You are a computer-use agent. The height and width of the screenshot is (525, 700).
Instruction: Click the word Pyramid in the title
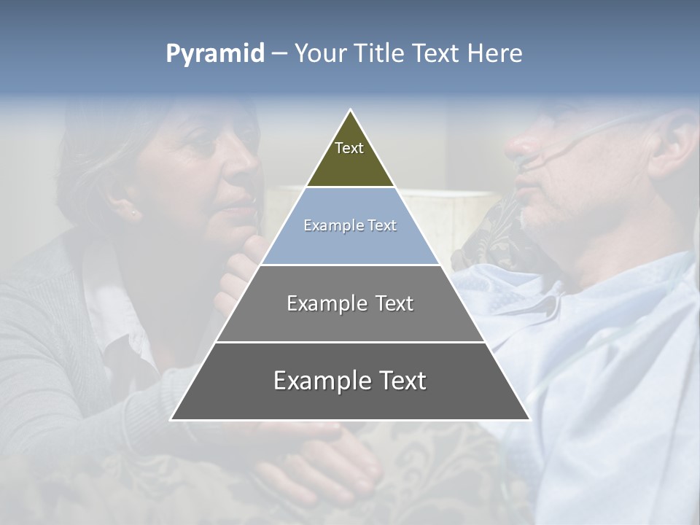[x=214, y=54]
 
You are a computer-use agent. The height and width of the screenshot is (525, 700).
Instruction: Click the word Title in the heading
[x=378, y=53]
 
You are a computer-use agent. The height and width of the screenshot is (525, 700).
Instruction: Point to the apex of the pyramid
[x=350, y=111]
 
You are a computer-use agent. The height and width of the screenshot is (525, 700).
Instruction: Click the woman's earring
[x=133, y=213]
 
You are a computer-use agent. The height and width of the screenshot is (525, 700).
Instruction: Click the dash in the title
[x=279, y=54]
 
